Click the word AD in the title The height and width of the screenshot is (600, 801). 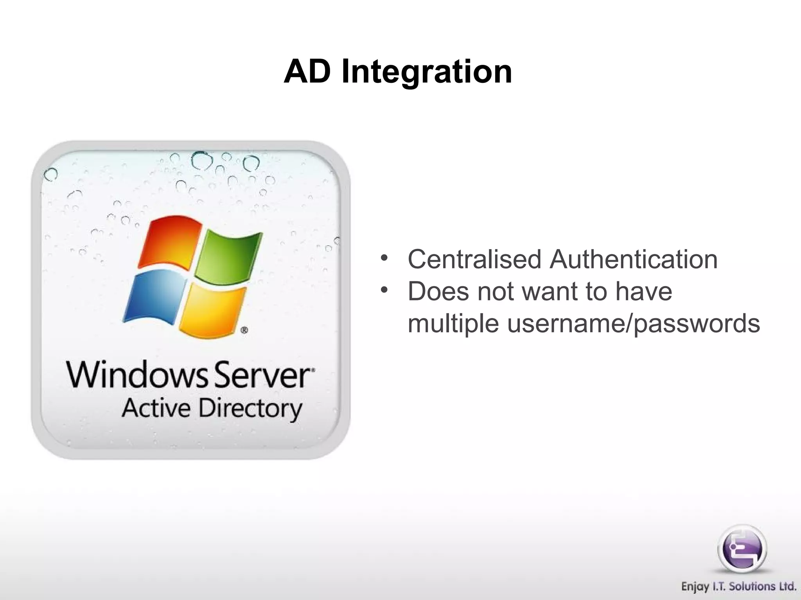click(307, 72)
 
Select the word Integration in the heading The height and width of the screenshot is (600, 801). click(426, 73)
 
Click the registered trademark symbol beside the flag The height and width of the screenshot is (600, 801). click(244, 330)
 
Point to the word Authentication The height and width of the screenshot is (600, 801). click(633, 259)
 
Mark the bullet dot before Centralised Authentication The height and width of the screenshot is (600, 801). click(384, 258)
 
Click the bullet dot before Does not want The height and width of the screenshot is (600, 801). click(384, 290)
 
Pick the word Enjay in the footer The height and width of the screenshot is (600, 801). click(695, 587)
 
